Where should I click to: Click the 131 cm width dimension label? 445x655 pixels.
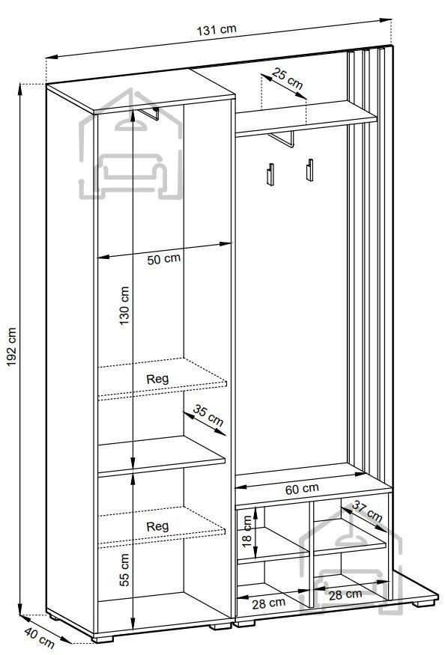(217, 30)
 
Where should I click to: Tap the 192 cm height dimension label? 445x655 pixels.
(11, 347)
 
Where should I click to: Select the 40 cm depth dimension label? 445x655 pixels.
(39, 638)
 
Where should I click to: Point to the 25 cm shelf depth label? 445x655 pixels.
(287, 79)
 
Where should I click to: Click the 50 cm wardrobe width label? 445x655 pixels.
(164, 259)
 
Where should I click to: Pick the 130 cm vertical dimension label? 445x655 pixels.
(124, 305)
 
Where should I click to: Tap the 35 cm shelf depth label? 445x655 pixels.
(208, 415)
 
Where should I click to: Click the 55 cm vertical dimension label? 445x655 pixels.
(124, 570)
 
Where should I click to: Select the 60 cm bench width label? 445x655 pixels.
(302, 489)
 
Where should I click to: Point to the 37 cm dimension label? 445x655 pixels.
(367, 511)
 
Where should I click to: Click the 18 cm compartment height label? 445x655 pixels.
(247, 531)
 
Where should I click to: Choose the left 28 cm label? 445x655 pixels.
(268, 603)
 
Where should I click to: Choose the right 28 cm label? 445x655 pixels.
(345, 595)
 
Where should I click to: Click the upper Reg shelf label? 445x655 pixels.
(157, 380)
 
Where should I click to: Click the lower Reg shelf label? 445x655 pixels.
(157, 526)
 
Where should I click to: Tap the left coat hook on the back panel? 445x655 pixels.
(270, 174)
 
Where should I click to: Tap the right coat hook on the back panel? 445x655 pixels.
(309, 170)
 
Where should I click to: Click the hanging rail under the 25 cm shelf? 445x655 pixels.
(282, 139)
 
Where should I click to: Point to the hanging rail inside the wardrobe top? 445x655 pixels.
(149, 114)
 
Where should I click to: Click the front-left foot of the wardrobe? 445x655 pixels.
(103, 639)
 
